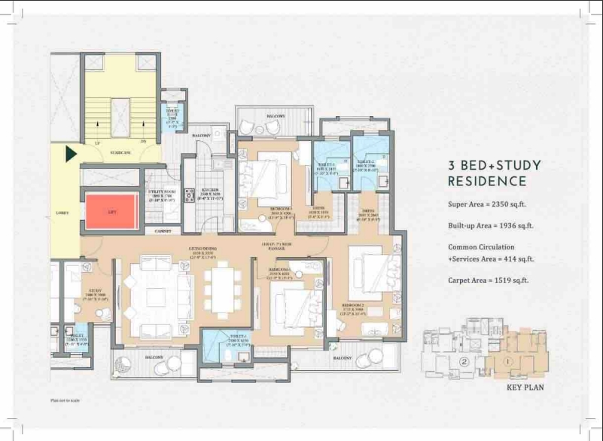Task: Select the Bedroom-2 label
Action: pos(370,309)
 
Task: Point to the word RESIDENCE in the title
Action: pos(486,182)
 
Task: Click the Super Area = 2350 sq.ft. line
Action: pos(489,204)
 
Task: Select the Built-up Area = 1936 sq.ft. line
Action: pos(491,225)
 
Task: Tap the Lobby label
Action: pos(62,213)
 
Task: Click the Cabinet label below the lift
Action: pos(163,231)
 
